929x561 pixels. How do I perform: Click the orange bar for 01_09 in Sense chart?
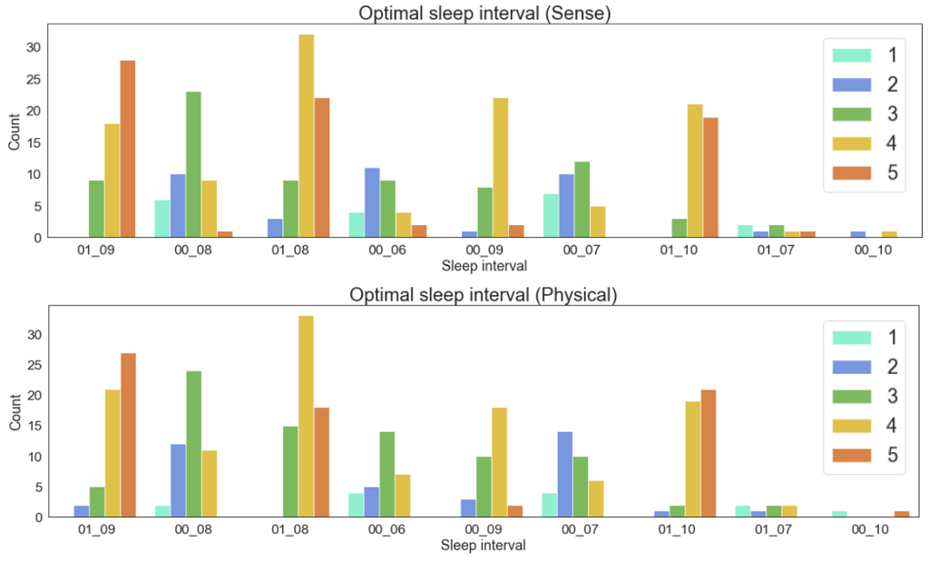click(x=128, y=149)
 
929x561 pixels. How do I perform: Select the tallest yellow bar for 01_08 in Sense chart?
click(x=306, y=136)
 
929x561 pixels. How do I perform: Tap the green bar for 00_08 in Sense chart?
click(x=192, y=164)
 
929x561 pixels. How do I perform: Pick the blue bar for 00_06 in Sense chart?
click(x=371, y=202)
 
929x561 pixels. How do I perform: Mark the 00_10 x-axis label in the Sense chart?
click(x=874, y=251)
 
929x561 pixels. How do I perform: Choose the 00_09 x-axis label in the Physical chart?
click(x=484, y=530)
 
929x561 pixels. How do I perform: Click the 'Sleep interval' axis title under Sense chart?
click(x=483, y=267)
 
